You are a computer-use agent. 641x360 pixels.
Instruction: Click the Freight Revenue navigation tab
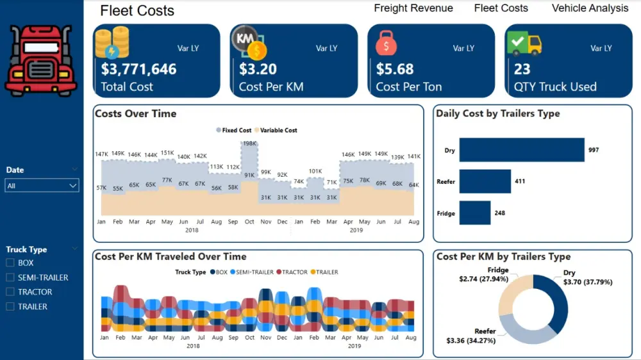click(x=413, y=8)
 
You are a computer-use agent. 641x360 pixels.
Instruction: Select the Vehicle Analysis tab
click(x=590, y=8)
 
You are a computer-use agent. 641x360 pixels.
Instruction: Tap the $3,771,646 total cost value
click(x=138, y=69)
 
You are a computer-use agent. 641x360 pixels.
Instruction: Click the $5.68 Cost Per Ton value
click(x=395, y=69)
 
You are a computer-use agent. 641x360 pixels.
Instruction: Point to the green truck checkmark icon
click(x=524, y=44)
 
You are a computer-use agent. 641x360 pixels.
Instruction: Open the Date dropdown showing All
click(x=42, y=186)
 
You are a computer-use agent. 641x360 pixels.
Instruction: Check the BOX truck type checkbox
click(x=10, y=263)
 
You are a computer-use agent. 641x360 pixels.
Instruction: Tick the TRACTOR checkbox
click(x=10, y=292)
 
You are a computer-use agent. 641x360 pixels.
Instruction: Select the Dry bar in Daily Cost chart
click(x=521, y=151)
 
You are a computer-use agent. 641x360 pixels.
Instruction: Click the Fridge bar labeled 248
click(x=474, y=213)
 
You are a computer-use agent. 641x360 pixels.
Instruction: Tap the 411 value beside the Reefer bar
click(x=519, y=181)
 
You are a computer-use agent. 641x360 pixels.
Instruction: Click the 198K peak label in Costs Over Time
click(x=249, y=143)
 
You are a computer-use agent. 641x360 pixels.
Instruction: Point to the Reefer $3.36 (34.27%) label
click(x=471, y=336)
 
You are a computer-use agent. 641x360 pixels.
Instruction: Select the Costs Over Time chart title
click(x=135, y=114)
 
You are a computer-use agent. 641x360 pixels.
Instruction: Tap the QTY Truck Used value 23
click(x=522, y=69)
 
